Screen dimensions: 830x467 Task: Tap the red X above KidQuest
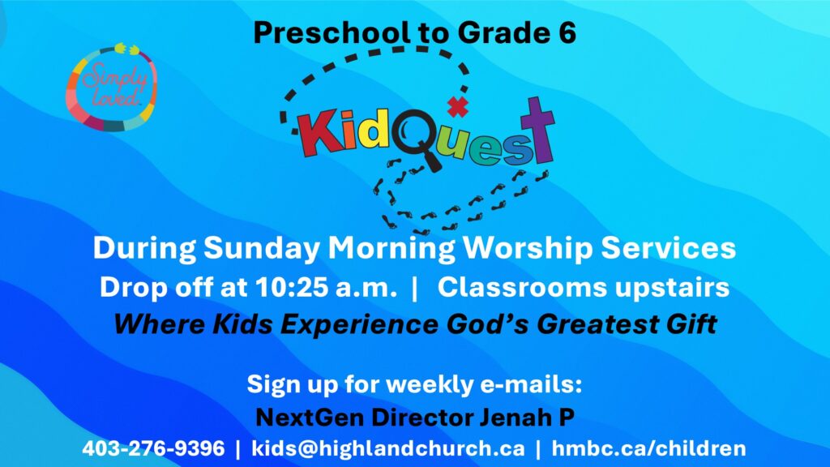pos(458,106)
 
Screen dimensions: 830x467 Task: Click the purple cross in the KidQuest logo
pos(537,130)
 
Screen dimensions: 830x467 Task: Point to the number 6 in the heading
pos(566,32)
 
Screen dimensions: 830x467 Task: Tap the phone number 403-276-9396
pos(153,448)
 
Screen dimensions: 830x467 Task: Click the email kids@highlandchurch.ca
pos(388,448)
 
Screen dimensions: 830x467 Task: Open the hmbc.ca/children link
pos(649,448)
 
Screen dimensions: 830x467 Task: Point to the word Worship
pos(527,248)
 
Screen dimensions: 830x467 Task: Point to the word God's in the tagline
pos(487,324)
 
